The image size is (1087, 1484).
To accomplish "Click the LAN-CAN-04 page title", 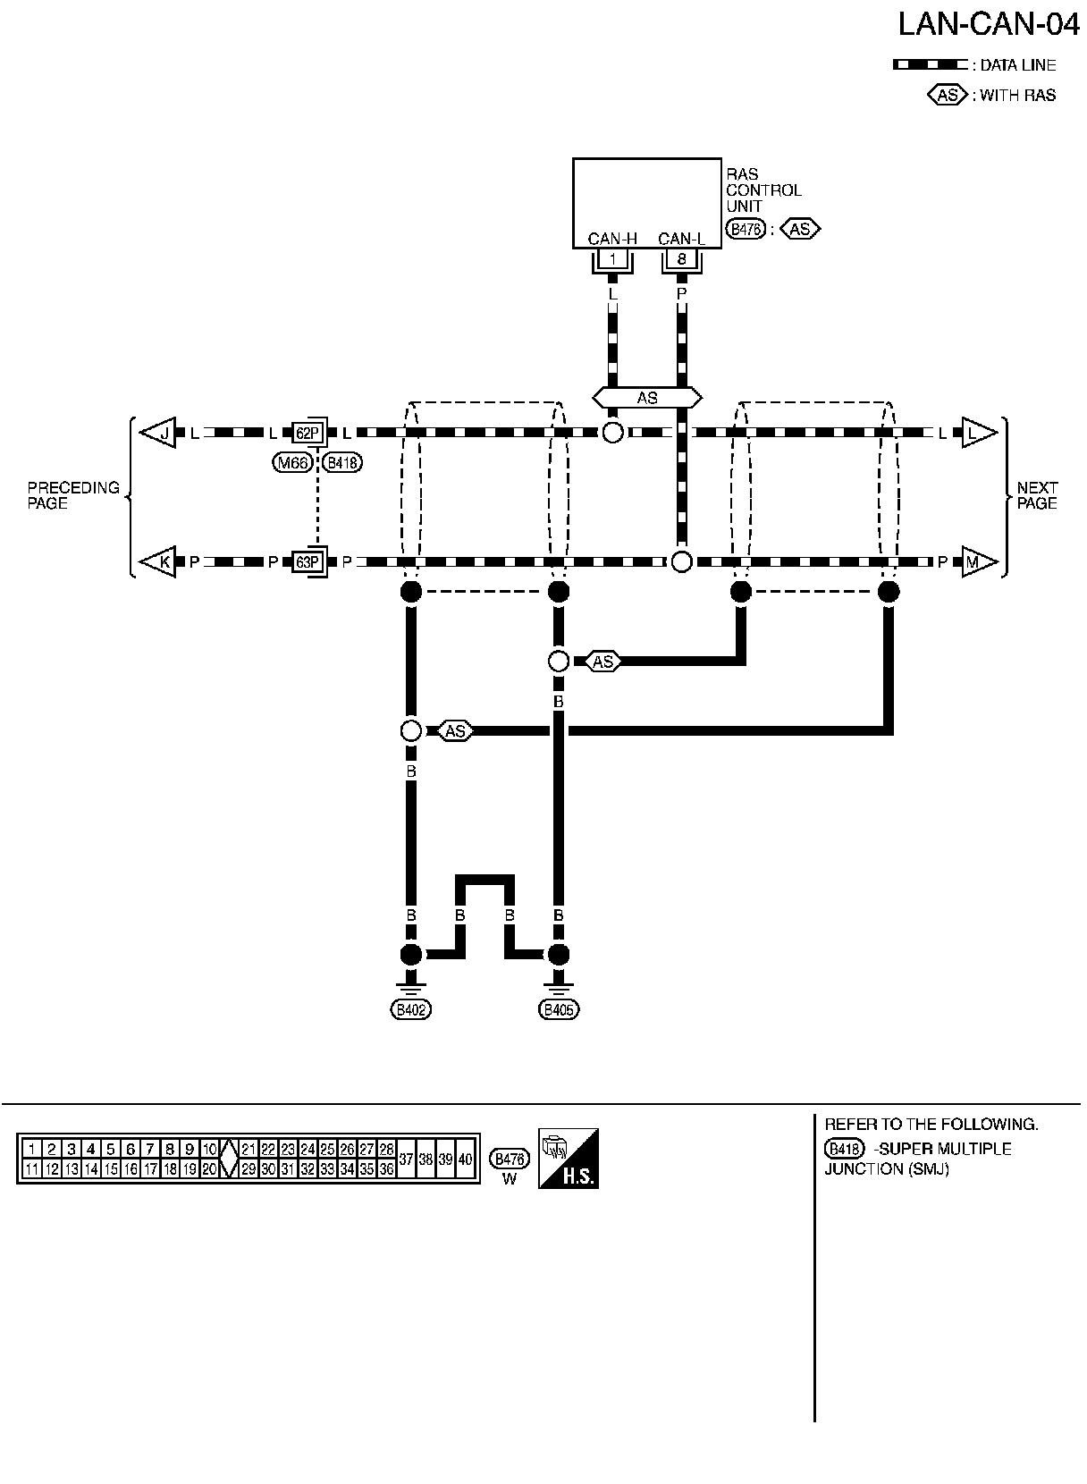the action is [989, 25].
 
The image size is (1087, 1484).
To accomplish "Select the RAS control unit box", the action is [646, 202].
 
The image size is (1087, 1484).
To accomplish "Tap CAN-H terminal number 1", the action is [612, 260].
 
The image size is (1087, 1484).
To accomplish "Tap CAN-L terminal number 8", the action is [682, 260].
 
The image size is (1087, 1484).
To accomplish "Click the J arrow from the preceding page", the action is [160, 433].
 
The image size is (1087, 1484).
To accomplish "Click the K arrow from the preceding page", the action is [160, 562].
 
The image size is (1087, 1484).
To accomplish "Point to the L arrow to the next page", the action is [978, 433].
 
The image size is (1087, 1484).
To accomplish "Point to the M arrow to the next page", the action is [978, 562].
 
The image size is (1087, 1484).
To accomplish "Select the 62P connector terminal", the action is [308, 433].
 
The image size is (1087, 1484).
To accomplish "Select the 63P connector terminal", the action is [308, 562].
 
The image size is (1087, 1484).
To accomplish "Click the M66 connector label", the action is [292, 463].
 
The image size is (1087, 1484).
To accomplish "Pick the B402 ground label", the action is [411, 1010].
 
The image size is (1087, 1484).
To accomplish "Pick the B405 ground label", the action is [559, 1010].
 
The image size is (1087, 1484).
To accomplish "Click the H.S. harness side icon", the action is [569, 1159].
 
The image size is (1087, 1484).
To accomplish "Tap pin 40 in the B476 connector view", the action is [465, 1159].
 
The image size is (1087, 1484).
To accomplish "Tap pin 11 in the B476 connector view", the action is [31, 1168].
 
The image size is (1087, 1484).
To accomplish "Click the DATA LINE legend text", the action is [1018, 65].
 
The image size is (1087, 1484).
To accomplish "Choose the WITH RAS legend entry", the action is [1018, 95].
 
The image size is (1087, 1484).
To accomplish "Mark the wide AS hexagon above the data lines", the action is [647, 398].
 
